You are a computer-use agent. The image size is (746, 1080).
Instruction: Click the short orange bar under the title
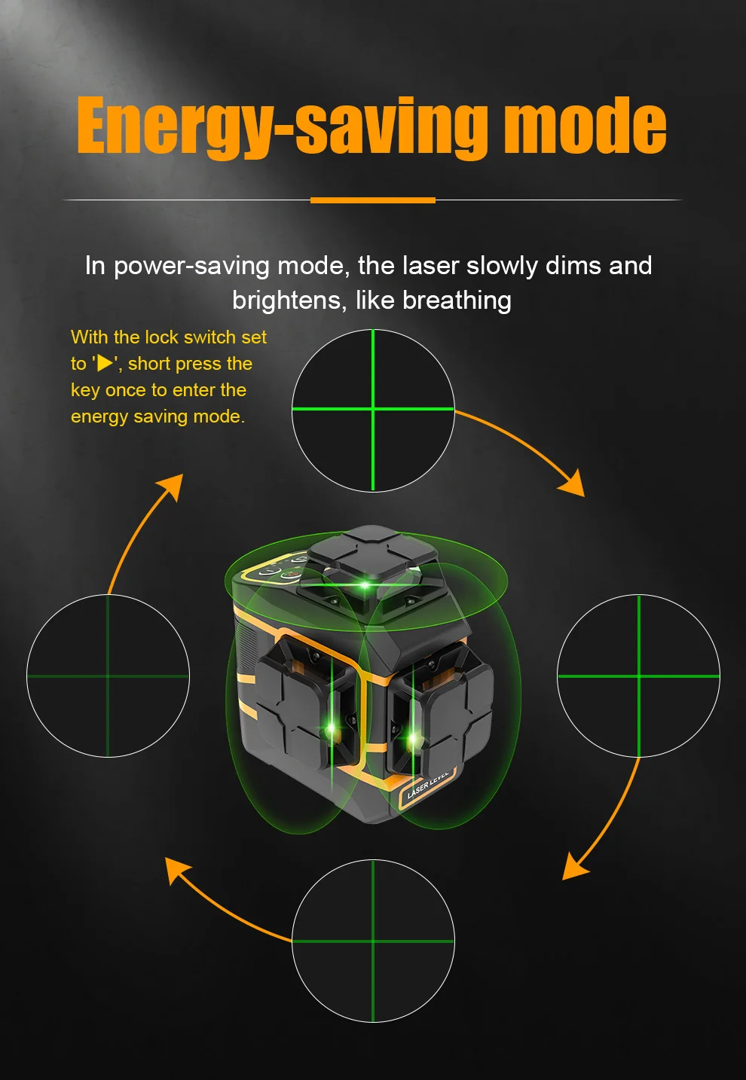click(x=372, y=200)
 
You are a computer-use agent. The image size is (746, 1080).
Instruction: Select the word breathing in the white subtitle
click(x=457, y=301)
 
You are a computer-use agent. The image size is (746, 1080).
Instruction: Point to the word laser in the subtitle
click(x=430, y=266)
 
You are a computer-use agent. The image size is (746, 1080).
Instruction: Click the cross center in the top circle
click(x=373, y=410)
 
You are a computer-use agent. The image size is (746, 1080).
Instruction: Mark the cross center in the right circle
click(x=639, y=676)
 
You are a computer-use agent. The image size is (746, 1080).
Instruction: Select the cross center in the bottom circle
click(x=373, y=941)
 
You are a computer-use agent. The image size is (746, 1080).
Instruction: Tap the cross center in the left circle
click(x=108, y=676)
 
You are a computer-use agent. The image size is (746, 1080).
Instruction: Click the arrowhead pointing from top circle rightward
click(x=573, y=484)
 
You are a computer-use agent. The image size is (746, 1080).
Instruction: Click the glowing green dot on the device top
click(x=365, y=586)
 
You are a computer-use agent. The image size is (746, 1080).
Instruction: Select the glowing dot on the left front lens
click(x=331, y=729)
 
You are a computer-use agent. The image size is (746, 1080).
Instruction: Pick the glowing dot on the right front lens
click(x=414, y=738)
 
